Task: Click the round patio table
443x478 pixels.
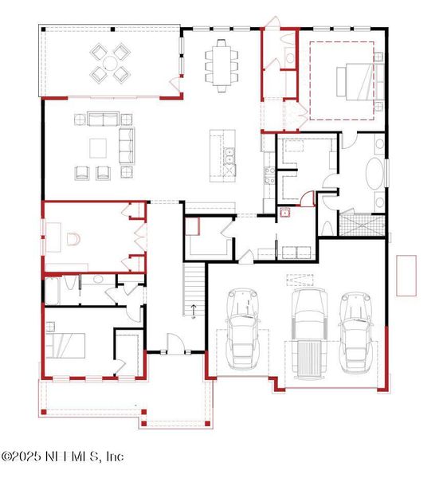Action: point(111,64)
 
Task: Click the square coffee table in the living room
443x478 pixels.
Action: point(99,147)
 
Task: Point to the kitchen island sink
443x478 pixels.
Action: point(229,159)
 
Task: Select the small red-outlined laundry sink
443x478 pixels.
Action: point(284,212)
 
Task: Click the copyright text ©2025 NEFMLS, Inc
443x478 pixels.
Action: point(62,456)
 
